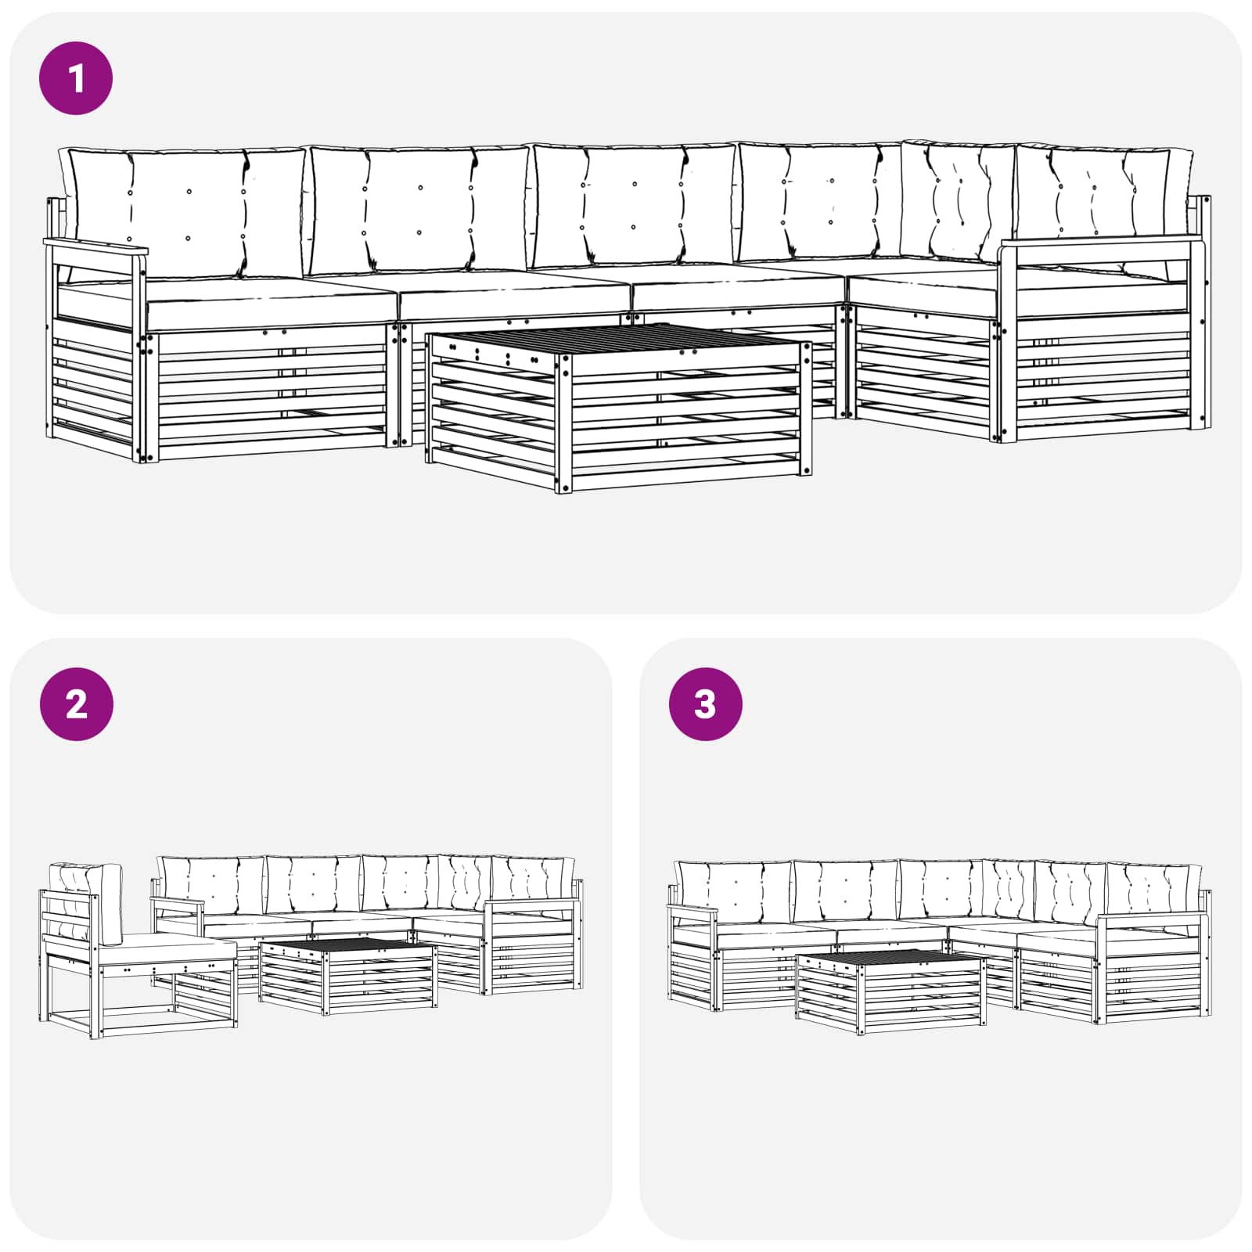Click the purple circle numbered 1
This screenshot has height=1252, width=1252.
(x=76, y=78)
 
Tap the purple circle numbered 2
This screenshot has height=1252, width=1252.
(x=76, y=704)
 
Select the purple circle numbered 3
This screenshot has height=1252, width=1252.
(x=705, y=704)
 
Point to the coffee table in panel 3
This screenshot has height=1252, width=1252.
(x=890, y=992)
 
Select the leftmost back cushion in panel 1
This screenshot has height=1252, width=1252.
(x=186, y=211)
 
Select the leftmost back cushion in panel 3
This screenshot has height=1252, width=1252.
(x=734, y=892)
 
